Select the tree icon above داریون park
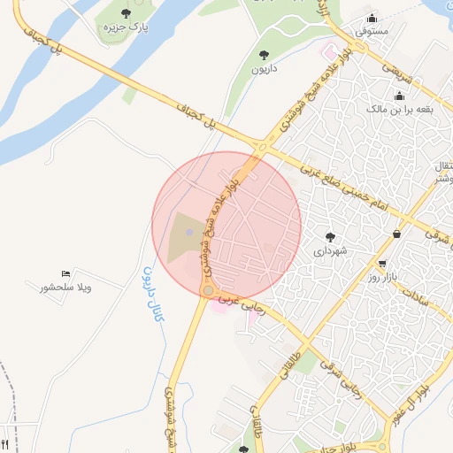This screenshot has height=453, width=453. (263, 55)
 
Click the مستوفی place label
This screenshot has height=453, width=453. (372, 30)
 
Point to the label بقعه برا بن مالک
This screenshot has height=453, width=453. (398, 110)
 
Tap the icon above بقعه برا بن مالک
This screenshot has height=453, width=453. (399, 96)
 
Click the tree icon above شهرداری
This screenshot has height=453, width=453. (331, 236)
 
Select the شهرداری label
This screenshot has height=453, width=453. (331, 251)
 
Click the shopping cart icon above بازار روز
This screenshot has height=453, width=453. (381, 264)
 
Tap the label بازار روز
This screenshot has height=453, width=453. (385, 278)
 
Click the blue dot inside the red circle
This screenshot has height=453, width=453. (189, 232)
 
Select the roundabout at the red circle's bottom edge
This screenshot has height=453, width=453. (209, 290)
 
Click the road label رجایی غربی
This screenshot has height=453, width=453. (236, 302)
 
